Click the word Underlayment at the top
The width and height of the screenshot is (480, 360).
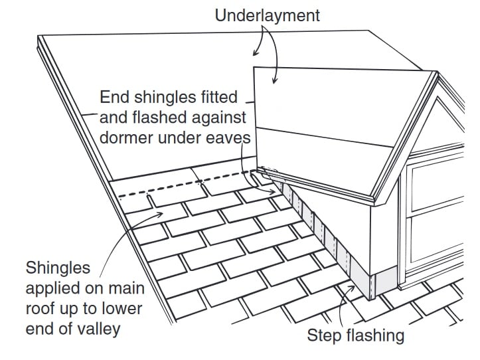click(x=267, y=15)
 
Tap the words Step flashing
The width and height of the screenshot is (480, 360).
click(x=355, y=335)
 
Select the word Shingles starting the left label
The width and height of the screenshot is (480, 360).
click(x=56, y=268)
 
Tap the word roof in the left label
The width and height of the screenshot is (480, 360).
click(x=40, y=310)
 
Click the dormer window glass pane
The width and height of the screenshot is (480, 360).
click(x=441, y=193)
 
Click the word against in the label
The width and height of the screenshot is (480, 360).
click(x=220, y=118)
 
